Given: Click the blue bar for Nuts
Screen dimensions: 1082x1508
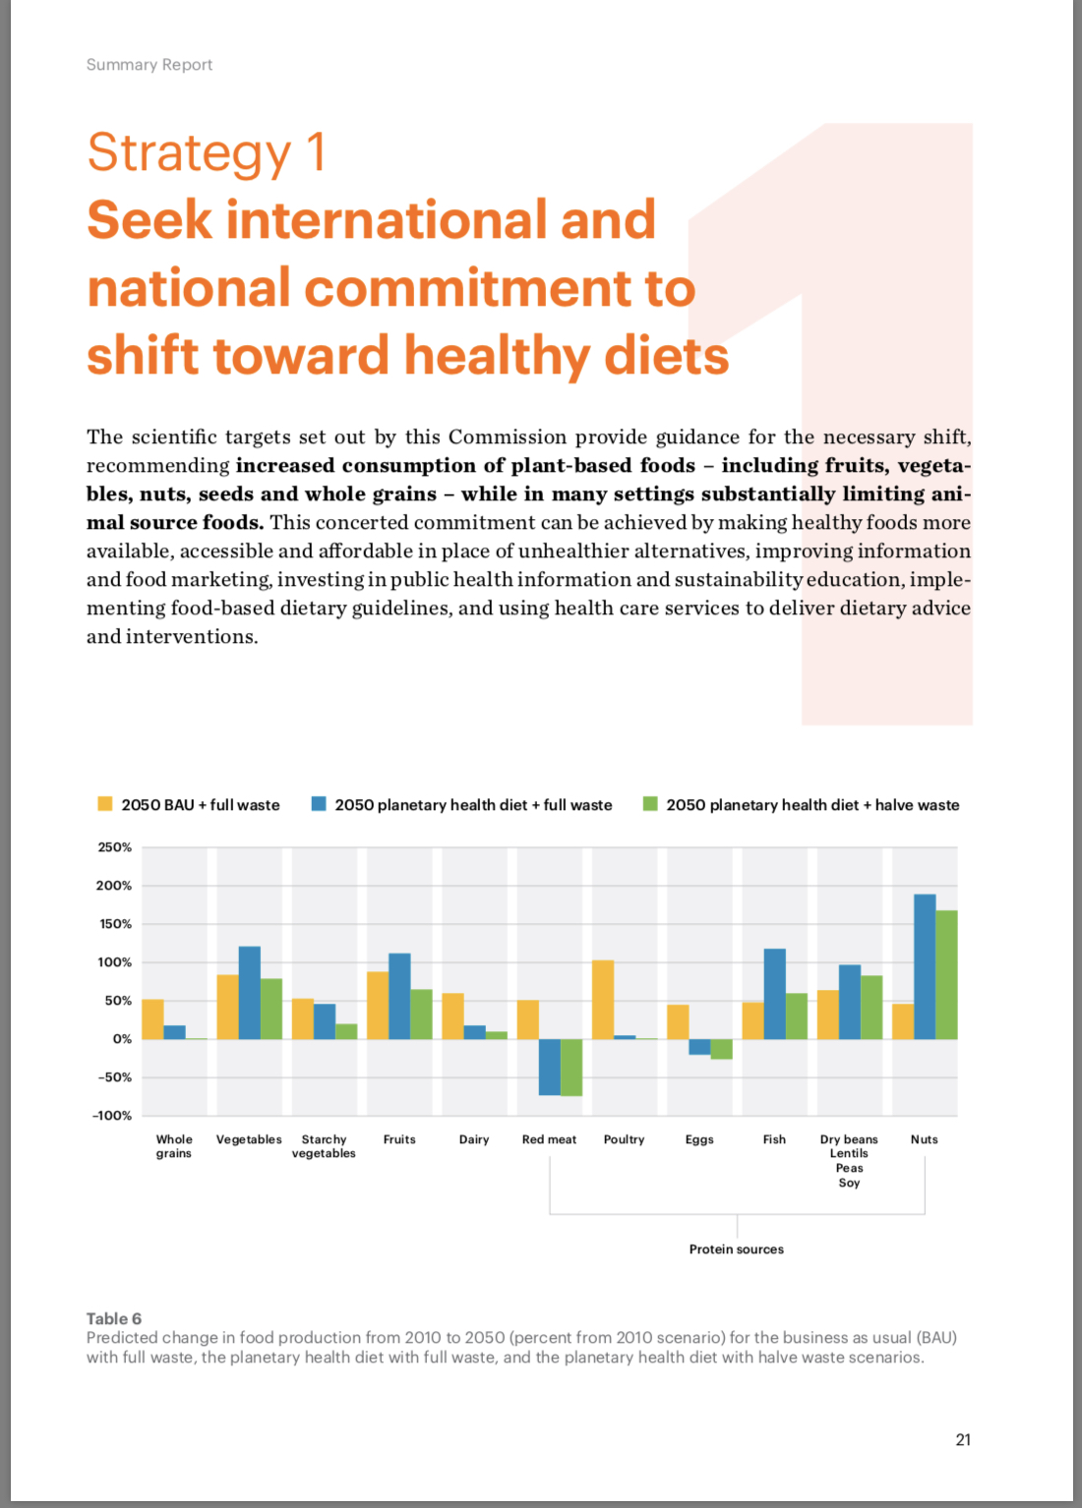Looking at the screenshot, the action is tap(925, 966).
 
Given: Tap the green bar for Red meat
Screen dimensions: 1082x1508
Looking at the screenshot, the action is tap(571, 1067).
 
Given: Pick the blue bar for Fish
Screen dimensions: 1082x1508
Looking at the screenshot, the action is tap(775, 994).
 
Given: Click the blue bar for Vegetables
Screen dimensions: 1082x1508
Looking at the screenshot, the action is tap(250, 992).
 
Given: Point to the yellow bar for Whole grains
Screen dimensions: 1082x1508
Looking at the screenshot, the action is tap(152, 1019).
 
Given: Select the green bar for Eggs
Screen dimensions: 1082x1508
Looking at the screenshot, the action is tap(722, 1049).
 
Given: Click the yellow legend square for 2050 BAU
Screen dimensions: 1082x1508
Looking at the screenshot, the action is tap(105, 804).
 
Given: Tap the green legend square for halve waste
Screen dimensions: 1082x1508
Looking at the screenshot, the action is tap(650, 804).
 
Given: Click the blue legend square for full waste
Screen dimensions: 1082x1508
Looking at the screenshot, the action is tap(319, 804).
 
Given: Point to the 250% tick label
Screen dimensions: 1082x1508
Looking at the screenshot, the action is tap(114, 847).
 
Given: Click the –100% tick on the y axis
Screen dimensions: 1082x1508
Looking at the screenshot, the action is tap(112, 1116).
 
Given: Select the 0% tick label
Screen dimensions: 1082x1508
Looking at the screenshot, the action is tap(123, 1039).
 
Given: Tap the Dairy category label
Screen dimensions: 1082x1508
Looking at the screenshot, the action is tap(474, 1139).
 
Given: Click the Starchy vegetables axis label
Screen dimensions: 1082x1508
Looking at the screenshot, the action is tap(324, 1146).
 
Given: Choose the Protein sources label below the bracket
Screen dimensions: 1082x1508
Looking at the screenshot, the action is tap(737, 1248).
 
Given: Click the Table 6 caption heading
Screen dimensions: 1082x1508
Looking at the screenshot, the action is tap(114, 1318).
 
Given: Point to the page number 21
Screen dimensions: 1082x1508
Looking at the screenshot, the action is tap(963, 1439).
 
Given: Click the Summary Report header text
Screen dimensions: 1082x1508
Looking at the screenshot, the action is tap(150, 65).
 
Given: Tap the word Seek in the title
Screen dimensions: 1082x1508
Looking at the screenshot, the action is tap(150, 219).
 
